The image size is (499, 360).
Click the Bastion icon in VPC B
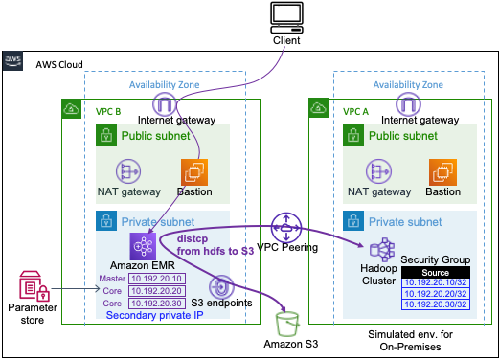coord(195,172)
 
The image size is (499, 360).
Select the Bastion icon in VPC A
coord(442,172)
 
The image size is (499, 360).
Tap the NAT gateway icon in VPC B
coord(128,172)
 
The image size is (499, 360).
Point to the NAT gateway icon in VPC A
coord(375,172)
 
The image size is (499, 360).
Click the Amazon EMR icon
coord(144,245)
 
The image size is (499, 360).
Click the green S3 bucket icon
coord(285,324)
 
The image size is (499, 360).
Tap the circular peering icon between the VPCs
coord(285,228)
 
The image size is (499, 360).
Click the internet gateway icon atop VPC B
coord(166,105)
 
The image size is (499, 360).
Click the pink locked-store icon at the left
coord(33,286)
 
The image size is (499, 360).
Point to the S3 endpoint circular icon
coord(220,286)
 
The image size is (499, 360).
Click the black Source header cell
coord(435,272)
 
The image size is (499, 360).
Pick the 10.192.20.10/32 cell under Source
coord(435,282)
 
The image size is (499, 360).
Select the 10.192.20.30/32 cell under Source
coord(435,304)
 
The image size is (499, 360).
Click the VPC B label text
coord(108,111)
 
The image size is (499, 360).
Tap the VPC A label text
coord(356,111)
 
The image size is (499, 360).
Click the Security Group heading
coord(435,259)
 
